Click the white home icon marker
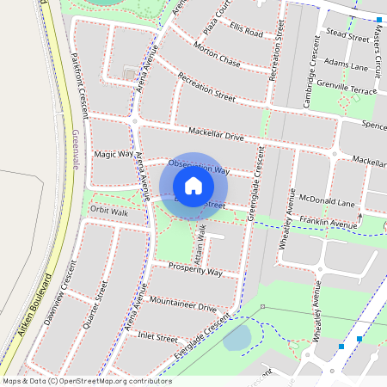(x=193, y=185)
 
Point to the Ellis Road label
(x=246, y=31)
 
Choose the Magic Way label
(x=114, y=154)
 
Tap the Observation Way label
(x=199, y=167)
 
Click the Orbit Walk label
(x=108, y=210)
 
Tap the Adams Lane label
(x=347, y=65)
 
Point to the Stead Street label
(x=347, y=35)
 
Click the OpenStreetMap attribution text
(x=87, y=380)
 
